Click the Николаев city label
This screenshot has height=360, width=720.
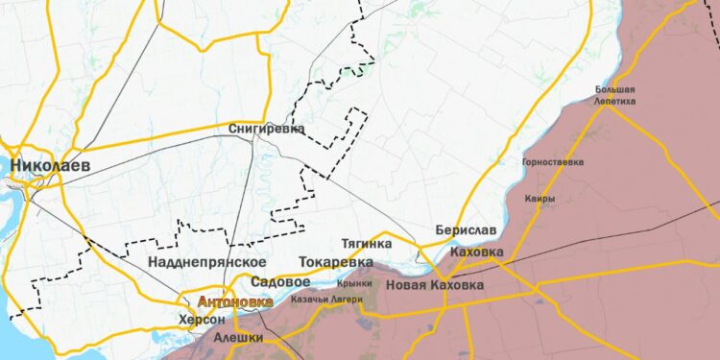click(x=50, y=166)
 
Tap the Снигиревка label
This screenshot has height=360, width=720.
click(x=267, y=128)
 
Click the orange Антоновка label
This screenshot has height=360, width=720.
click(x=234, y=300)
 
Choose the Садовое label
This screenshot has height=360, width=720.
click(x=279, y=282)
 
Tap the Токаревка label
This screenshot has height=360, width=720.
click(x=336, y=261)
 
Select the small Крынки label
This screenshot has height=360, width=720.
click(x=355, y=284)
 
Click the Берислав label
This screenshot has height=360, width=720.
click(x=466, y=231)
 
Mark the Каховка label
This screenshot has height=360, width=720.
click(x=476, y=252)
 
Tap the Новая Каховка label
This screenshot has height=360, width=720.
click(x=435, y=285)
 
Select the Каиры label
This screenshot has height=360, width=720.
click(x=540, y=199)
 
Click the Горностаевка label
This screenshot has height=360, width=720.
click(x=552, y=162)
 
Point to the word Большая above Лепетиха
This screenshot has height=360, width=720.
click(x=614, y=89)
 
